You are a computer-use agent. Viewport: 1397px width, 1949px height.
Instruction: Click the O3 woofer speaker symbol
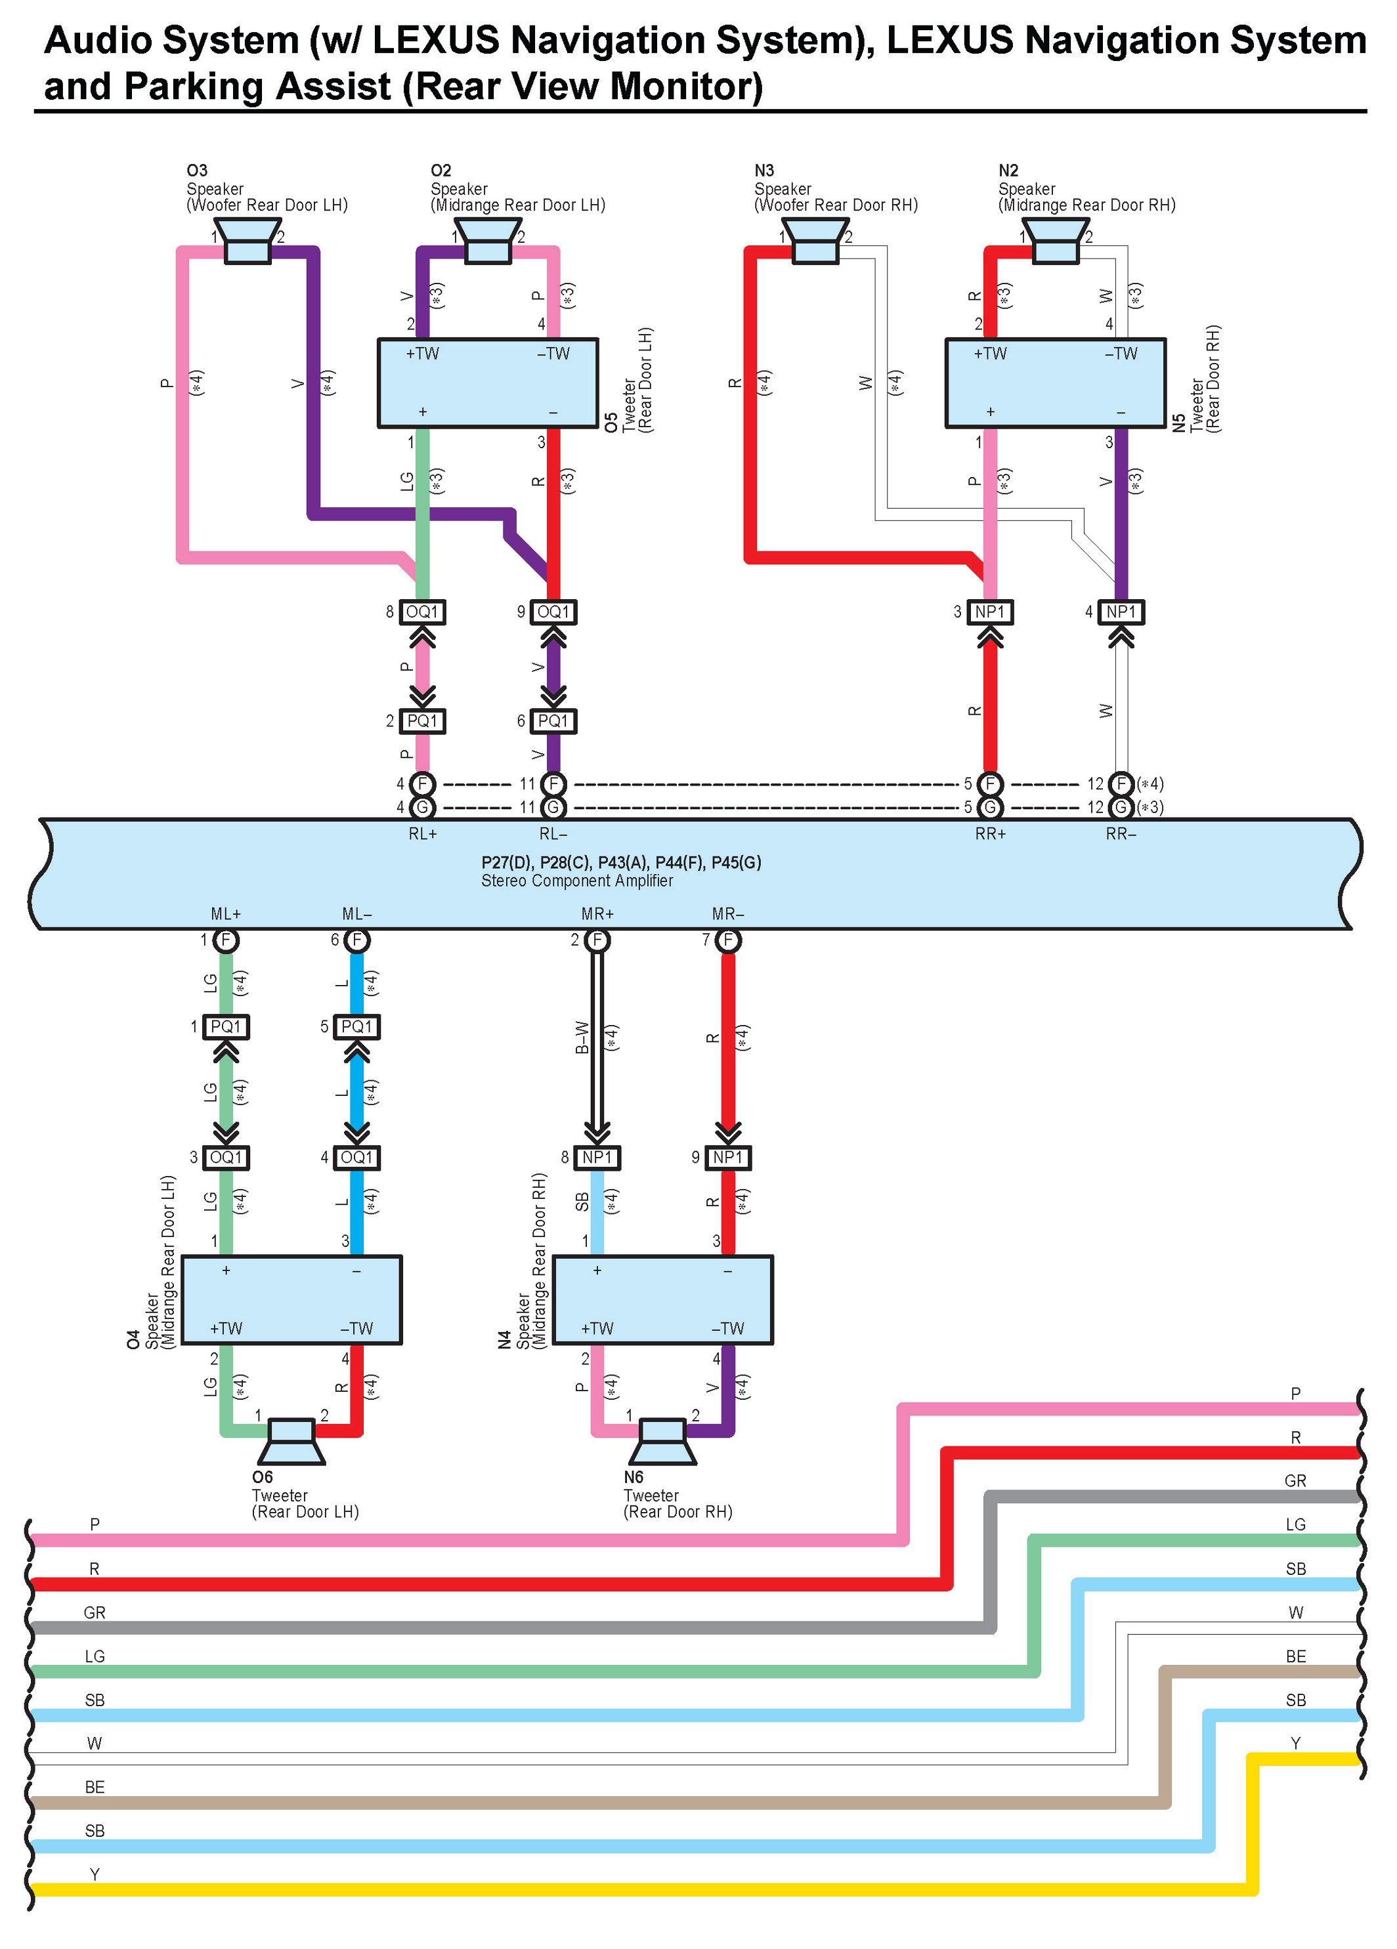247,241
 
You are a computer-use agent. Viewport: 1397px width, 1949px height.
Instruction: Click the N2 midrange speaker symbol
1055,241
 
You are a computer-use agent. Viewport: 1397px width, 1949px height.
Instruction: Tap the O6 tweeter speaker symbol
292,1441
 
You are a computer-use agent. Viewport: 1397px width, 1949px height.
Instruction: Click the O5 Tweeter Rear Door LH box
488,383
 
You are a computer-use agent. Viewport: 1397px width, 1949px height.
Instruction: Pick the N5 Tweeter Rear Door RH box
1056,383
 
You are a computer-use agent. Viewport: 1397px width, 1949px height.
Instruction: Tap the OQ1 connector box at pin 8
422,612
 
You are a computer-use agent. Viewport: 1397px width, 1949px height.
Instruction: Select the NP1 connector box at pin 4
1121,612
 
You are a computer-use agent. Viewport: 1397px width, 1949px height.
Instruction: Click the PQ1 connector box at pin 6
553,721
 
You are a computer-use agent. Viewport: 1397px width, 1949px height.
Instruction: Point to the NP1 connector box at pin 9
728,1158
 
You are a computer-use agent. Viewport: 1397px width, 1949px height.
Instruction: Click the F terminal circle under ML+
226,940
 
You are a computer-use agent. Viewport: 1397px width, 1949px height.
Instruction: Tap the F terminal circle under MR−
728,940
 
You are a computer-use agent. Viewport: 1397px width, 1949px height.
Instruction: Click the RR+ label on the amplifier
991,833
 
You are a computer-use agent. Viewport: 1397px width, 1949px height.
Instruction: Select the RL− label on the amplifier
553,833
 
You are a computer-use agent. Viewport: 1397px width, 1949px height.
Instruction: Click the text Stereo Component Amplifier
577,881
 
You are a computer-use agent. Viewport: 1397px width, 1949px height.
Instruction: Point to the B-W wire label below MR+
582,1037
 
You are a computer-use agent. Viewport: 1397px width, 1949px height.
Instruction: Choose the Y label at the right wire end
1295,1743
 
